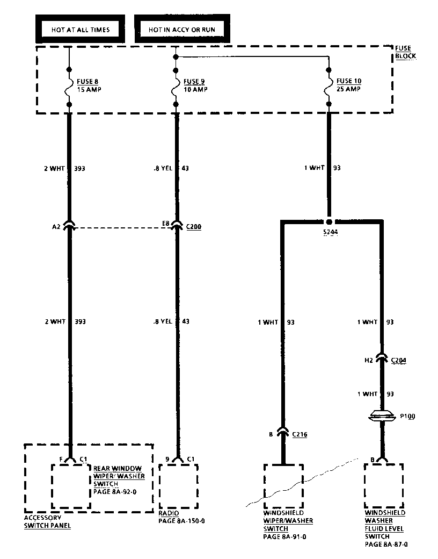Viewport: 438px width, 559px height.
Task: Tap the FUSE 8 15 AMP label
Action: pos(89,85)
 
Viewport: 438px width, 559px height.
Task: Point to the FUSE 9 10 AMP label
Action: pos(195,85)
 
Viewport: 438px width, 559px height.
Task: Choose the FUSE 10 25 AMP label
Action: pos(348,85)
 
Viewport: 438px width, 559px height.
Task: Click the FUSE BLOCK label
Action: pos(405,52)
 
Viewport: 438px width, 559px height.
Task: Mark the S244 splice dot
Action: pos(329,221)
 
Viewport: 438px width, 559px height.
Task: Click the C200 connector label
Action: pos(194,227)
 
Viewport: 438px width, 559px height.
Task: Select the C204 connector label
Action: pos(398,361)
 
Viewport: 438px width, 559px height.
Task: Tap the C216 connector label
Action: pos(300,434)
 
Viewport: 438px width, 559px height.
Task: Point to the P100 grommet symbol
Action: pos(382,415)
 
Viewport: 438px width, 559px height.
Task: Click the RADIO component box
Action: pos(178,486)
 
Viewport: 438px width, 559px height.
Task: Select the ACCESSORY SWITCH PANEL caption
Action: pos(47,522)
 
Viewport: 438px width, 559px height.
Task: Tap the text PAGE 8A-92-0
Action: pos(115,491)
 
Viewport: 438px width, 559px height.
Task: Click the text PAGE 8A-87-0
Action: pos(386,544)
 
